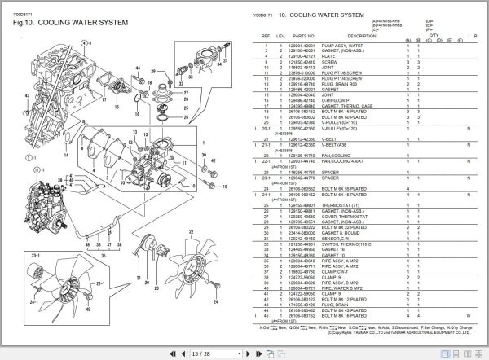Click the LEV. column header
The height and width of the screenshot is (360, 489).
pos(281,37)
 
